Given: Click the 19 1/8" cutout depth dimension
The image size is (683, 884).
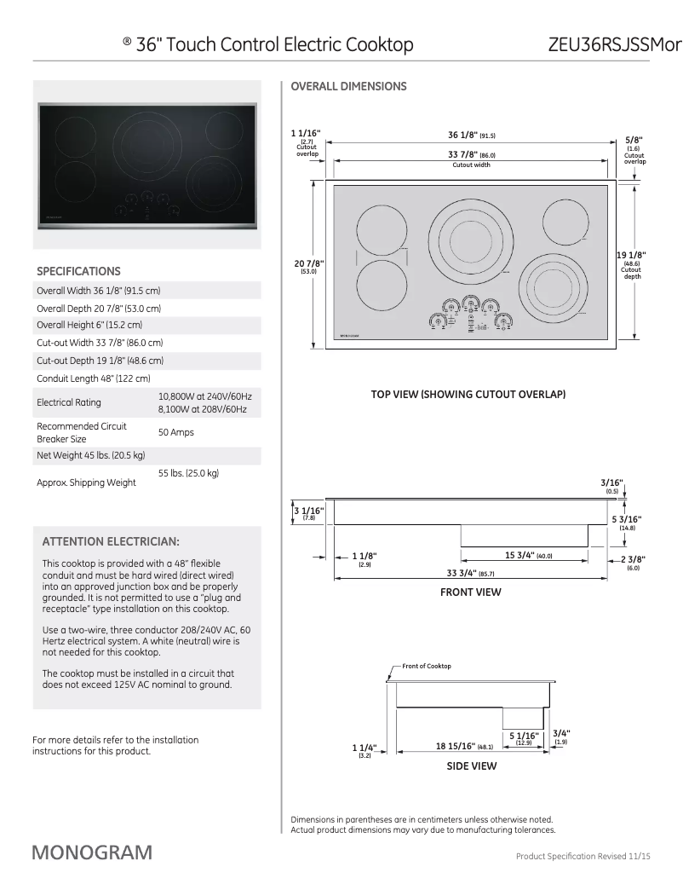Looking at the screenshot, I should [631, 255].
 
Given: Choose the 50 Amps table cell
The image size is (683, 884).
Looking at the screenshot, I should [176, 432].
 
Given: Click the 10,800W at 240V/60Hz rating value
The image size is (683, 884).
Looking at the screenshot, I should [204, 396].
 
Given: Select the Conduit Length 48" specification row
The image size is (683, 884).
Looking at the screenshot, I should [94, 378].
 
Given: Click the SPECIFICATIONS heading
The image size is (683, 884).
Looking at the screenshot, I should [78, 271].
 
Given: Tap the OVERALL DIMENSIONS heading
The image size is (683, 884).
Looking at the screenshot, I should [348, 86].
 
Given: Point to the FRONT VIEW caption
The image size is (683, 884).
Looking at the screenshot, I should [470, 592].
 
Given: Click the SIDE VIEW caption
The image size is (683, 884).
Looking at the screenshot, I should [471, 766].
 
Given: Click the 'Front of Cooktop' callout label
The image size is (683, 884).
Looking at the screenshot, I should [427, 666].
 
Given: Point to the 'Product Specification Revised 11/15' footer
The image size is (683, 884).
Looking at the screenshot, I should [583, 856].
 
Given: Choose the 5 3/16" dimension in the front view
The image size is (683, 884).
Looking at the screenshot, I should [626, 519].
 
